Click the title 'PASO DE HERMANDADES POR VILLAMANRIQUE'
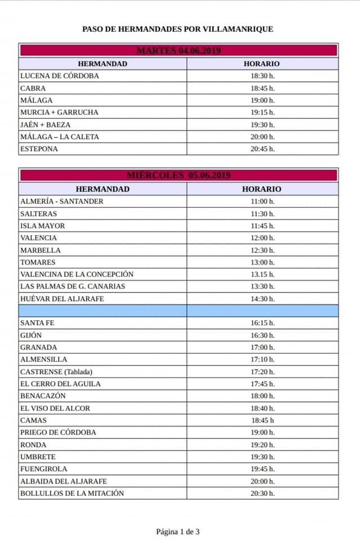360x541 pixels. point(177,29)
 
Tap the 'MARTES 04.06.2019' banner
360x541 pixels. point(179,51)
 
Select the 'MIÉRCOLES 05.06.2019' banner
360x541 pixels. point(179,175)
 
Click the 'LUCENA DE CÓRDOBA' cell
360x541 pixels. point(59,76)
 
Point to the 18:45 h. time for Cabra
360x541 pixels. point(263,88)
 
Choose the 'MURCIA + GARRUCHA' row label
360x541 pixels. point(59,112)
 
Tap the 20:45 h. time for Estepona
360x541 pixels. point(263,149)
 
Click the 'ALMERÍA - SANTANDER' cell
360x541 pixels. point(62,201)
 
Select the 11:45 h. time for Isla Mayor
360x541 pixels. point(263,225)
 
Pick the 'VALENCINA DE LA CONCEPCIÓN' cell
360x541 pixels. point(77,274)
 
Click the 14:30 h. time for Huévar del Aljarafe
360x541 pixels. point(263,299)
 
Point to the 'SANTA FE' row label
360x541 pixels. point(37,323)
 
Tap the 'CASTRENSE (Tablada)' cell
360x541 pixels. point(56,371)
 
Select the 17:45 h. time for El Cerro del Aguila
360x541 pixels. point(263,384)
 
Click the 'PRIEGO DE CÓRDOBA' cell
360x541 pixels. point(58,432)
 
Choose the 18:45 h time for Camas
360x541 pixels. point(263,420)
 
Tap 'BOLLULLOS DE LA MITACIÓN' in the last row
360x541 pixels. point(72,493)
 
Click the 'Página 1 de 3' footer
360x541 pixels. point(178,531)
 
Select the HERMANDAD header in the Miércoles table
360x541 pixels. point(103,189)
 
